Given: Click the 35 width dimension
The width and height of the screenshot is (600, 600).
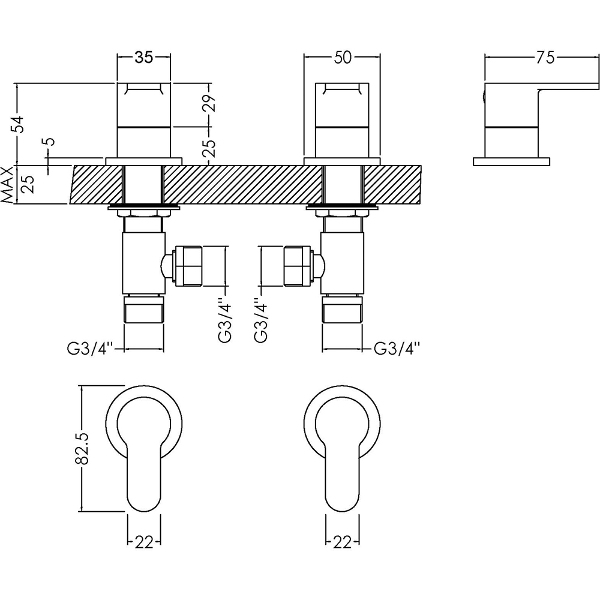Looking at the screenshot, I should point(143,58).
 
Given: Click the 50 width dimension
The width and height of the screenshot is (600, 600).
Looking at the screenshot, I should point(342,58).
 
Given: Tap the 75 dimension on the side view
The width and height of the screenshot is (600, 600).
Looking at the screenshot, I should point(545,58).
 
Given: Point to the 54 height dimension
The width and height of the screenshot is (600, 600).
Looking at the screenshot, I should point(20,124).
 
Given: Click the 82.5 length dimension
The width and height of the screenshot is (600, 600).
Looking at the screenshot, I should point(82,448).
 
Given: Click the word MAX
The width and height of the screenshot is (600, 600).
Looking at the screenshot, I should point(8,185).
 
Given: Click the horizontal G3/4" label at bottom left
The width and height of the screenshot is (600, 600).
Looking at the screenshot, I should point(91,349).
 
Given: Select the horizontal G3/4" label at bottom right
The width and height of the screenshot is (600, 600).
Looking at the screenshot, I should point(396,349).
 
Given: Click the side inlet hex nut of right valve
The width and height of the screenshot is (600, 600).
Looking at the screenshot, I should point(299,265).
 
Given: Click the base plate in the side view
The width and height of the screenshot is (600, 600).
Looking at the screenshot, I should point(511,161).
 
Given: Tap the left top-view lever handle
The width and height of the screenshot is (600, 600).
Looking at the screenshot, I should point(143,474).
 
